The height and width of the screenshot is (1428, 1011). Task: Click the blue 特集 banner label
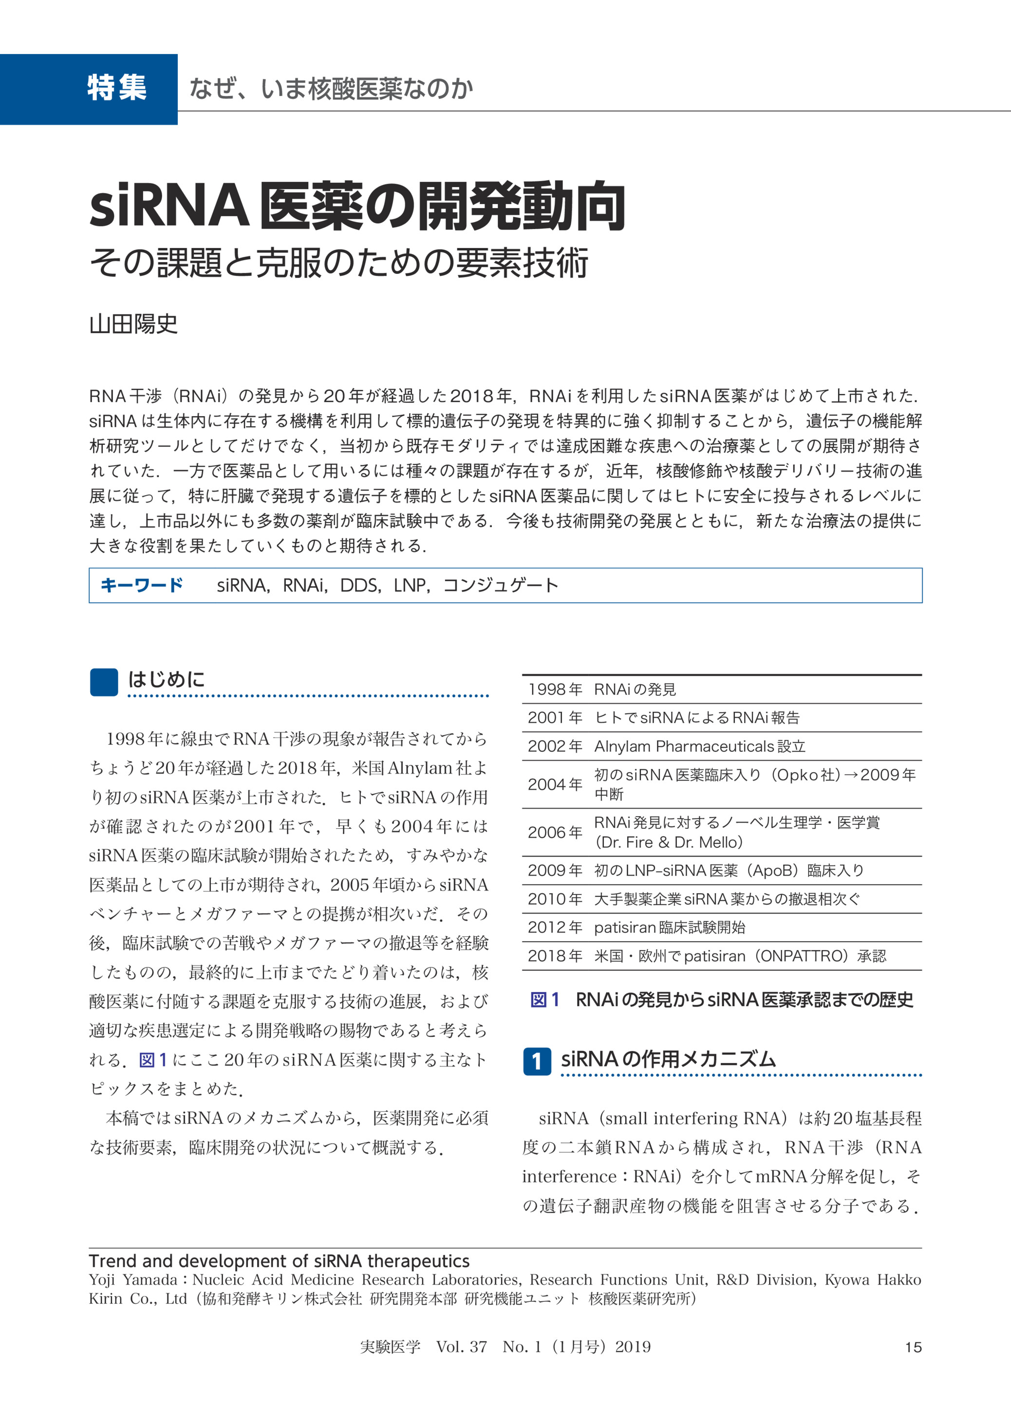pos(117,88)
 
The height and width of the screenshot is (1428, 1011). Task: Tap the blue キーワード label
pos(141,586)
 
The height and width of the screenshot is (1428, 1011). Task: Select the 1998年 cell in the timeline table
pos(555,689)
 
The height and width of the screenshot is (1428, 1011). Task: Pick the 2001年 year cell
pos(555,718)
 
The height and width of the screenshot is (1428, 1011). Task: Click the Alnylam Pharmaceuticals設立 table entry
pos(699,746)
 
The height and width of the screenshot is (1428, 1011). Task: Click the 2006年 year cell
pos(555,832)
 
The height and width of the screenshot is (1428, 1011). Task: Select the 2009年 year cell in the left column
pos(555,871)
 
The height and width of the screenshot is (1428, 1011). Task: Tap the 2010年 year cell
pos(555,899)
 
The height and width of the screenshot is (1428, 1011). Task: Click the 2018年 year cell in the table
pos(555,956)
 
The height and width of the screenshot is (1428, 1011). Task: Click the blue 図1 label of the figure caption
pos(545,1000)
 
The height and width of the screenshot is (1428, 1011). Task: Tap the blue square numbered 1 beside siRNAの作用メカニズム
pos(537,1061)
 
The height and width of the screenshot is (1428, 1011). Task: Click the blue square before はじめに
pos(104,682)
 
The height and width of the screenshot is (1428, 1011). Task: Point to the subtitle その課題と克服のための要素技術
pos(339,262)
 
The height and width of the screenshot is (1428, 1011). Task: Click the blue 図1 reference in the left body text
pos(153,1060)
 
